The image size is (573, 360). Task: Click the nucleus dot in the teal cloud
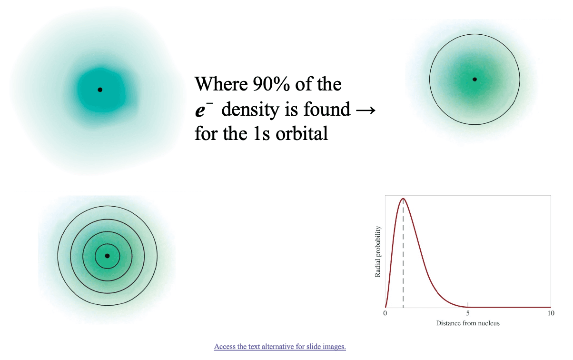click(x=100, y=90)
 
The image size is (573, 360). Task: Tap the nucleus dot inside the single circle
click(x=474, y=80)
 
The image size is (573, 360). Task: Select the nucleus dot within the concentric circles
click(x=108, y=256)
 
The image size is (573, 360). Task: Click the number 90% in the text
click(x=271, y=84)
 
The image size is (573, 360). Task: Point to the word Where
click(x=221, y=84)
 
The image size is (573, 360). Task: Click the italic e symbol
click(x=200, y=110)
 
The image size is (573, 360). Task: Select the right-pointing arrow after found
click(x=366, y=110)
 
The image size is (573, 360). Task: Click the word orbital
click(x=302, y=133)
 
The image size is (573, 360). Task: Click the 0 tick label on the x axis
click(x=385, y=313)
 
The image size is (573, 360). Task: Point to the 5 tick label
click(x=468, y=313)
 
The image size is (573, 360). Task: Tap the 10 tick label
click(x=551, y=313)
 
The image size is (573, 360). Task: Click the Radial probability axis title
click(x=377, y=251)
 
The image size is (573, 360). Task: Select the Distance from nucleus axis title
click(x=468, y=323)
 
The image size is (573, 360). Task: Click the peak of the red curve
click(x=403, y=198)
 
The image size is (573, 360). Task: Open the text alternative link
click(x=280, y=347)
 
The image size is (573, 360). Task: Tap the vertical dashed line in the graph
click(x=403, y=253)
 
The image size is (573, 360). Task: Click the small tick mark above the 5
click(x=468, y=305)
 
